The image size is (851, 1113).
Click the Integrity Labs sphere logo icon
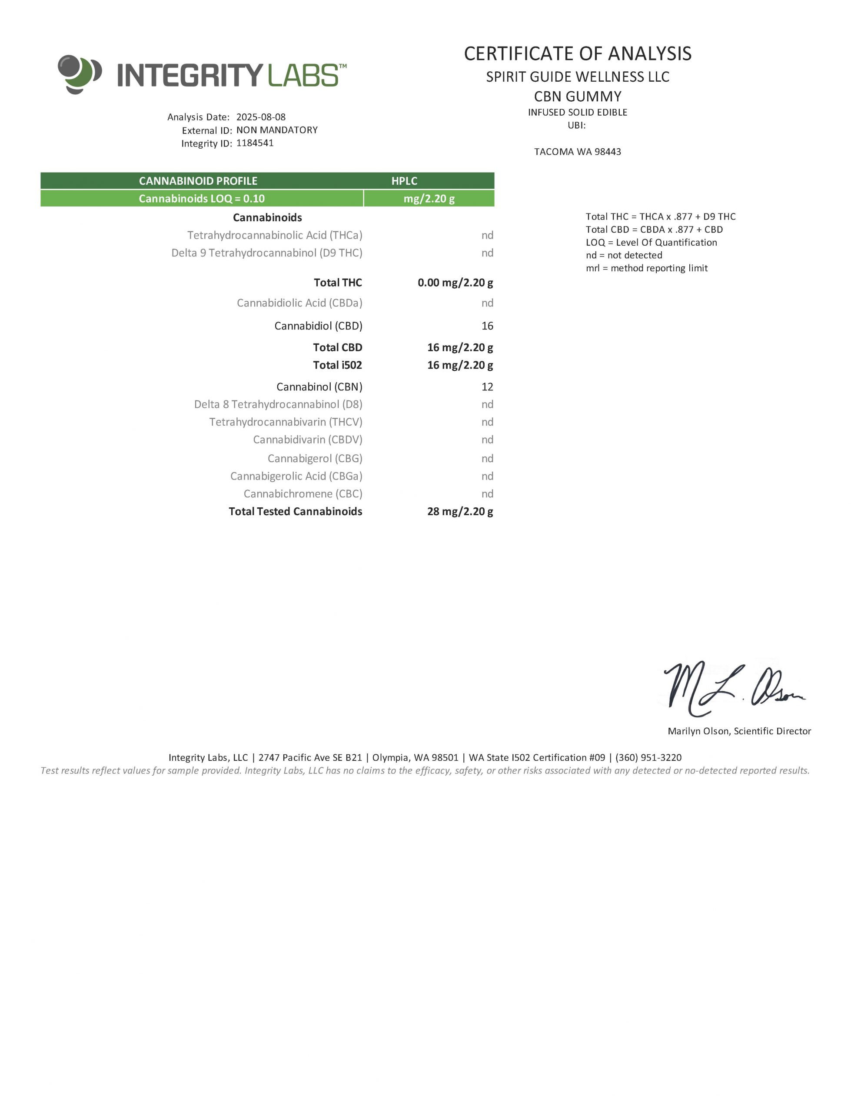pos(79,74)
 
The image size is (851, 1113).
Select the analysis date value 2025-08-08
pos(261,117)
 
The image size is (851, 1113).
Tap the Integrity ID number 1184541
pos(255,143)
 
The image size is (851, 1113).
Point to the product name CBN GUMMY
pos(578,96)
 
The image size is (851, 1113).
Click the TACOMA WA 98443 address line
pos(578,151)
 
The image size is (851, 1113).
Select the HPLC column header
pos(404,181)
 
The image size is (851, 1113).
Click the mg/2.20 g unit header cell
pos(429,199)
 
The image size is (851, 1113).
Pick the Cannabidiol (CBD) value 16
pos(487,326)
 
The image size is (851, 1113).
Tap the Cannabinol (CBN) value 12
pos(487,387)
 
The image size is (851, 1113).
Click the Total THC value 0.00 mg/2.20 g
pos(455,283)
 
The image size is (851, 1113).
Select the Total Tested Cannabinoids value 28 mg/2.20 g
pos(459,511)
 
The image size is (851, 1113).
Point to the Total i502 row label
pos(337,365)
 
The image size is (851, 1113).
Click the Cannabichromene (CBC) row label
pos(303,493)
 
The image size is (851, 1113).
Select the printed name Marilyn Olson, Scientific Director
pos(739,731)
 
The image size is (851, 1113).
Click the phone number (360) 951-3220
pos(648,757)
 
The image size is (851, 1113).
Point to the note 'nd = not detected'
pos(624,255)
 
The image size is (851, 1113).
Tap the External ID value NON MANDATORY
pos(276,130)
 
